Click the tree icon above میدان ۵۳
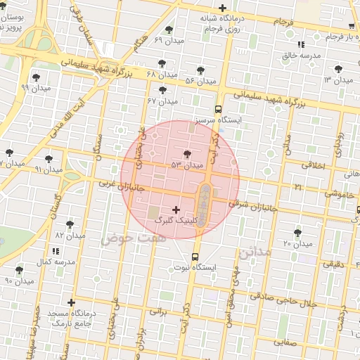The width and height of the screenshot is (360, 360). tap(187, 154)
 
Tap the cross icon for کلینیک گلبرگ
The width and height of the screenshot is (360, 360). tap(176, 210)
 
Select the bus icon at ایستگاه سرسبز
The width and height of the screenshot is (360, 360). tap(219, 109)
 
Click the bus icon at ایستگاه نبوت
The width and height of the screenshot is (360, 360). tap(195, 257)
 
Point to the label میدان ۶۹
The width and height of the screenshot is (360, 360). tap(168, 41)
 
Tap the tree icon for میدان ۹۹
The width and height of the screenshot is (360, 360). tap(36, 77)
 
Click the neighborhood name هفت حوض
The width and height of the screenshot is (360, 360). tap(126, 239)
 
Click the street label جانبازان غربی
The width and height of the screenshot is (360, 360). tap(117, 185)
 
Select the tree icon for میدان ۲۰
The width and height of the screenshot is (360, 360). tap(297, 232)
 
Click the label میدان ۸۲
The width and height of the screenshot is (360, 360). tap(70, 236)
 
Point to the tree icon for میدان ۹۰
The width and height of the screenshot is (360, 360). tap(19, 270)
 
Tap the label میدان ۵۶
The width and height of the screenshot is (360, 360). tap(200, 81)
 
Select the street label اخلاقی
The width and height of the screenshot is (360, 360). tap(314, 165)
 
